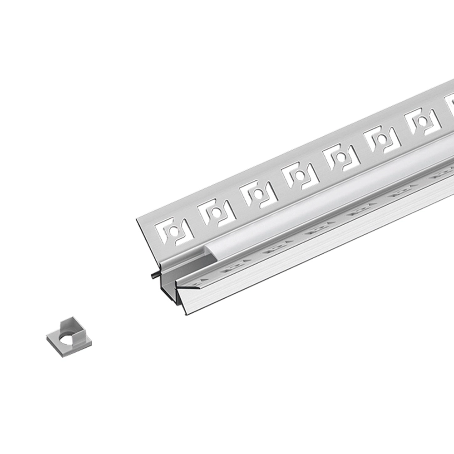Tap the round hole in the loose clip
(67, 339)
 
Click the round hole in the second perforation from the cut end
(216, 212)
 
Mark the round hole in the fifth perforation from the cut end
(340, 157)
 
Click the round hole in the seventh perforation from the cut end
(423, 122)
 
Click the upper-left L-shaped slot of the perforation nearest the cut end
(163, 227)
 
